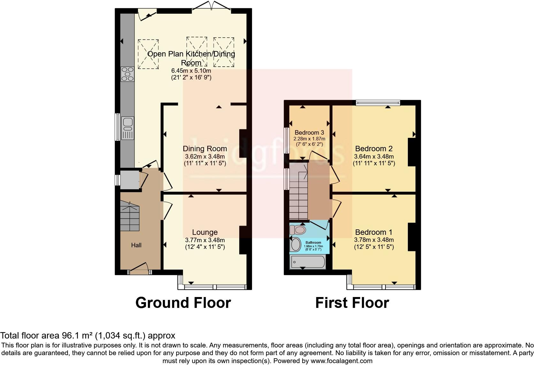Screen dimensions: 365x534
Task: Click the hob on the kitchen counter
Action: (127, 74)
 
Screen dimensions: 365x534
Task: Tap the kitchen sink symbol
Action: (127, 128)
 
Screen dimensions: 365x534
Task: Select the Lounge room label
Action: (205, 233)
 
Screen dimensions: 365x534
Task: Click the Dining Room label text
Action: (205, 149)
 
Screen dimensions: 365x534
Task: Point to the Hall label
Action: (136, 245)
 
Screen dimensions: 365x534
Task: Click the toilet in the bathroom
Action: (298, 229)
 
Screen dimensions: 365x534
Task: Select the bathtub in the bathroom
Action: (307, 262)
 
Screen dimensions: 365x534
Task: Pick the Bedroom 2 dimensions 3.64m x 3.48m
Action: (374, 157)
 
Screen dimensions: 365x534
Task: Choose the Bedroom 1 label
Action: (374, 232)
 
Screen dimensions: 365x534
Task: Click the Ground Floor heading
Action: (183, 302)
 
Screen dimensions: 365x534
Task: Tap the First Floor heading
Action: (352, 302)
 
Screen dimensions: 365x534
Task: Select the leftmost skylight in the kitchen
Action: (148, 54)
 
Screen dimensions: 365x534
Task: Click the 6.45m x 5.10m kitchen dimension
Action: (191, 71)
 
